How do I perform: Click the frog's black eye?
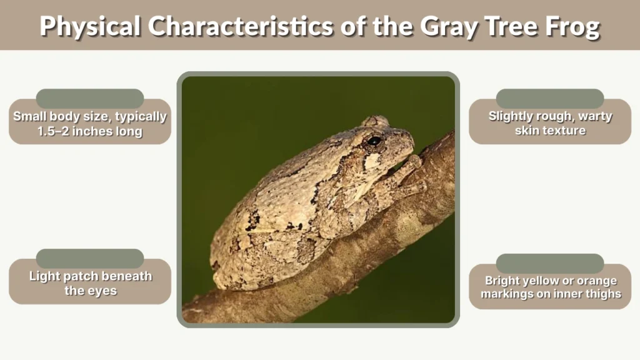coord(374,141)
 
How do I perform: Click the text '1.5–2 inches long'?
coord(90,131)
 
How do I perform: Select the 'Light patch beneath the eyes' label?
coord(90,283)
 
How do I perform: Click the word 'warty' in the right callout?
coord(594,116)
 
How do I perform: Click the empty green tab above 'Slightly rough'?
coord(549,98)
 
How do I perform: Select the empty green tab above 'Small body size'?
coord(90,98)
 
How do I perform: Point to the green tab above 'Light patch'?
coord(90,258)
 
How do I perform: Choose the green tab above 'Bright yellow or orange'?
coord(549,263)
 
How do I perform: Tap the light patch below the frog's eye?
coord(373,161)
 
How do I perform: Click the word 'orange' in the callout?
coord(596,281)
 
